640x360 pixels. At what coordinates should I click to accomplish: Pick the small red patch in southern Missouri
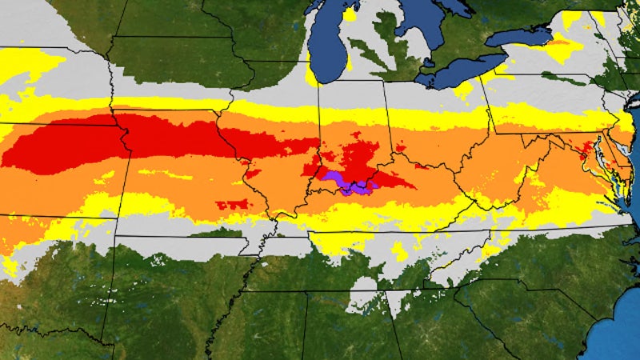click(232, 205)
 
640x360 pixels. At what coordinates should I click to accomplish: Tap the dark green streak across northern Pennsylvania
click(560, 78)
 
